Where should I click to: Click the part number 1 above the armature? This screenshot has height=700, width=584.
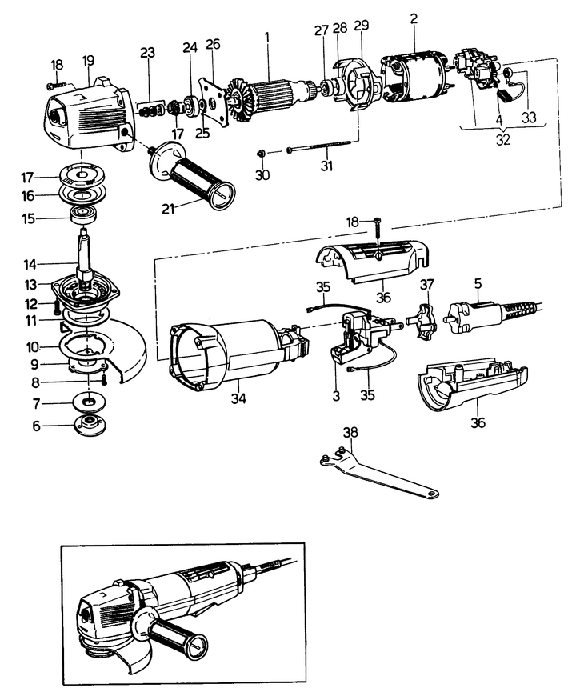click(267, 36)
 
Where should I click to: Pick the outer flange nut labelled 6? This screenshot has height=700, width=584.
click(85, 425)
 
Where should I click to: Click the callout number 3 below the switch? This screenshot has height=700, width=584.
click(338, 397)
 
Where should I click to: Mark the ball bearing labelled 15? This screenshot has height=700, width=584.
click(83, 214)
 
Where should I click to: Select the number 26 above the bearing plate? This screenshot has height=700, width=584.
click(213, 43)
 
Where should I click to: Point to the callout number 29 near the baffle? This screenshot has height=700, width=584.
click(361, 27)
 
